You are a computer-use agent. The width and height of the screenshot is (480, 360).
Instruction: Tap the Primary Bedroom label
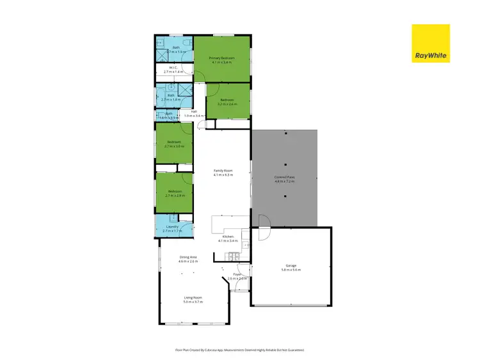[x=221, y=58]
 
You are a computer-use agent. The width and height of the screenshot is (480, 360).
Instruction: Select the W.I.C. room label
[x=173, y=68]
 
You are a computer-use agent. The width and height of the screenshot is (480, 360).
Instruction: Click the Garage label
[x=291, y=265]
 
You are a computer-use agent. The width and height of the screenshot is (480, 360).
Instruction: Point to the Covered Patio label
[x=284, y=177]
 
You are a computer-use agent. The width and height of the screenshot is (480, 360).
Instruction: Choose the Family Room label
[x=223, y=171]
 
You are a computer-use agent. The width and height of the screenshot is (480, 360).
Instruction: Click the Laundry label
[x=172, y=226]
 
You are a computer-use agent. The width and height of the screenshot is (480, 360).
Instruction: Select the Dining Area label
[x=188, y=257]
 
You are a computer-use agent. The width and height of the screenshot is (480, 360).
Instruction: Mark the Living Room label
[x=193, y=297]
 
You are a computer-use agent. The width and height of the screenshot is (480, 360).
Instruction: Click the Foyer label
[x=237, y=275]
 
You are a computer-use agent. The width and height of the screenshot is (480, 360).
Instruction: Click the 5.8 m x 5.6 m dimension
[x=291, y=270]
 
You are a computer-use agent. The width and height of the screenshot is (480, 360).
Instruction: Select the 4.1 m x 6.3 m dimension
[x=223, y=175]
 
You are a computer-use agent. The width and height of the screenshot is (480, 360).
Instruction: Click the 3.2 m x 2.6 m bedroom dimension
[x=227, y=104]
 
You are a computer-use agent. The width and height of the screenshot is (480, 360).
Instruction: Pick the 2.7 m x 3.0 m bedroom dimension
[x=174, y=146]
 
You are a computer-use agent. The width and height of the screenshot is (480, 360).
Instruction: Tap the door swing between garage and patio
[x=264, y=222]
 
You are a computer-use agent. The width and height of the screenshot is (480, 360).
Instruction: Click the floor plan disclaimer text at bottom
[x=239, y=350]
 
